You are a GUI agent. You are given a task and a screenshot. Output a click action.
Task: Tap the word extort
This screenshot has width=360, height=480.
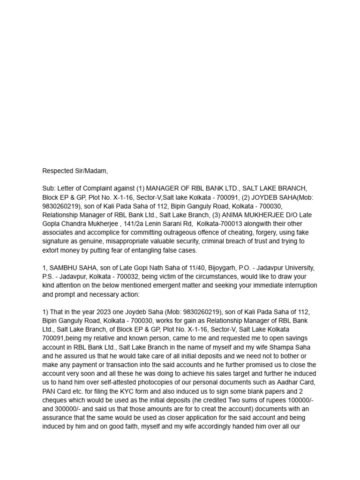tap(51, 251)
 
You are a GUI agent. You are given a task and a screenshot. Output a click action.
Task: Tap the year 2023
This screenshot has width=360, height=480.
tap(105, 312)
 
